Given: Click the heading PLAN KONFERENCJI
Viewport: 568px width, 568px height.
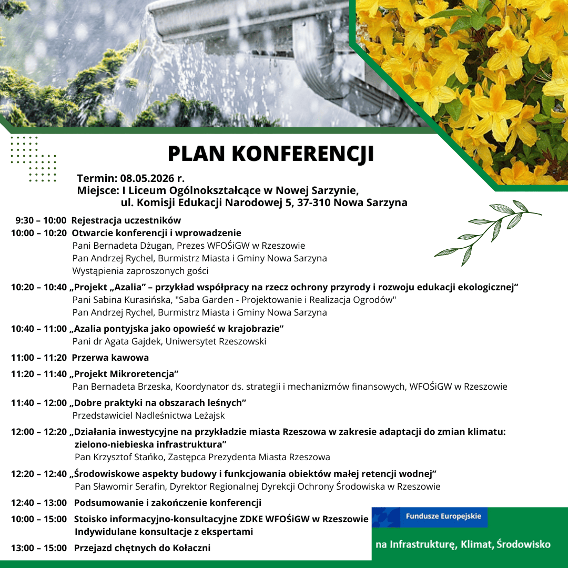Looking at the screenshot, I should coord(271,154).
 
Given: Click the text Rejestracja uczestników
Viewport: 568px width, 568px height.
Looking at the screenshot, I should coord(126,220).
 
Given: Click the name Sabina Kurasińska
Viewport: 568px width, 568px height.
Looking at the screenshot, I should coord(129,300).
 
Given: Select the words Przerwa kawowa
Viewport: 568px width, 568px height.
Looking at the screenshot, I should coord(110,358).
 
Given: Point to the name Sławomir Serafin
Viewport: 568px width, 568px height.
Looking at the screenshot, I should coord(130,486).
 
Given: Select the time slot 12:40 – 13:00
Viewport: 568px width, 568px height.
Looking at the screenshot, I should coord(39,503).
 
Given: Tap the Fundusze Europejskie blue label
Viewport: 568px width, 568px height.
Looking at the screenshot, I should coord(443,516).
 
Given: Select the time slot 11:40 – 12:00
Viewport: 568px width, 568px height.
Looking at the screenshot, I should coord(39,403).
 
